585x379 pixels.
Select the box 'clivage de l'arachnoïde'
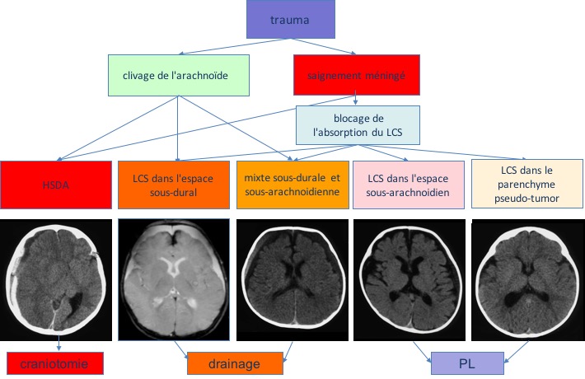click(x=178, y=76)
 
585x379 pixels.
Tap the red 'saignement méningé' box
click(x=357, y=76)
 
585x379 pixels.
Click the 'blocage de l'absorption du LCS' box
click(x=358, y=125)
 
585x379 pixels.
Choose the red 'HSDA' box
click(x=55, y=185)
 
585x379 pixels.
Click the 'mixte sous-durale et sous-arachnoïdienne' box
click(x=292, y=185)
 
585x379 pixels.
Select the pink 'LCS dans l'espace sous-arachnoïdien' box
click(x=408, y=185)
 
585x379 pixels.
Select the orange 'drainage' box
click(x=235, y=363)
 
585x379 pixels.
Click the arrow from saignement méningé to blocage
click(x=355, y=99)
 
